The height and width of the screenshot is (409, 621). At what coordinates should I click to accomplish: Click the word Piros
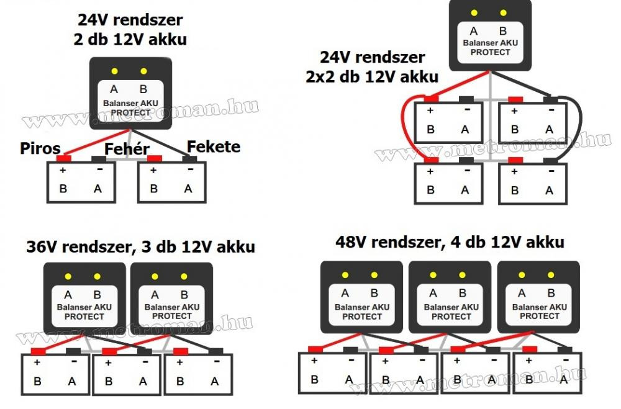tap(40, 148)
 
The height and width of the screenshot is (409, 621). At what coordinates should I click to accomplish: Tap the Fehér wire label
tap(127, 149)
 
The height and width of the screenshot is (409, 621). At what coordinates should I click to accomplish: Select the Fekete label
tap(213, 147)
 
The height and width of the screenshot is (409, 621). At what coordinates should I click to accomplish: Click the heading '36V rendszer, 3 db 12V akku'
tap(140, 246)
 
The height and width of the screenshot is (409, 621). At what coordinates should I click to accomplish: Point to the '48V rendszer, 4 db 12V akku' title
tap(450, 241)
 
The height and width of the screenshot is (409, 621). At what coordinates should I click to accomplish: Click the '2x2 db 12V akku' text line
tap(371, 77)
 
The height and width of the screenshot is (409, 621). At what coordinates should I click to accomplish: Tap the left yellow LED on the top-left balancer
tap(115, 71)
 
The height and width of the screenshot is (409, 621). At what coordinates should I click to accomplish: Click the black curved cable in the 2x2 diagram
tap(581, 127)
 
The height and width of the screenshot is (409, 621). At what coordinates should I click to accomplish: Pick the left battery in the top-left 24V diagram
tap(81, 182)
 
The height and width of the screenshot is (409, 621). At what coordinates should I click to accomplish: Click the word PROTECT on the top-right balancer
tap(490, 52)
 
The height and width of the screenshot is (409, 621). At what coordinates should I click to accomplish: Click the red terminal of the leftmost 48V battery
tap(314, 349)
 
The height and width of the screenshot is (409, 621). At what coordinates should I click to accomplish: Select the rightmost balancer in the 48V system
tap(538, 296)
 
